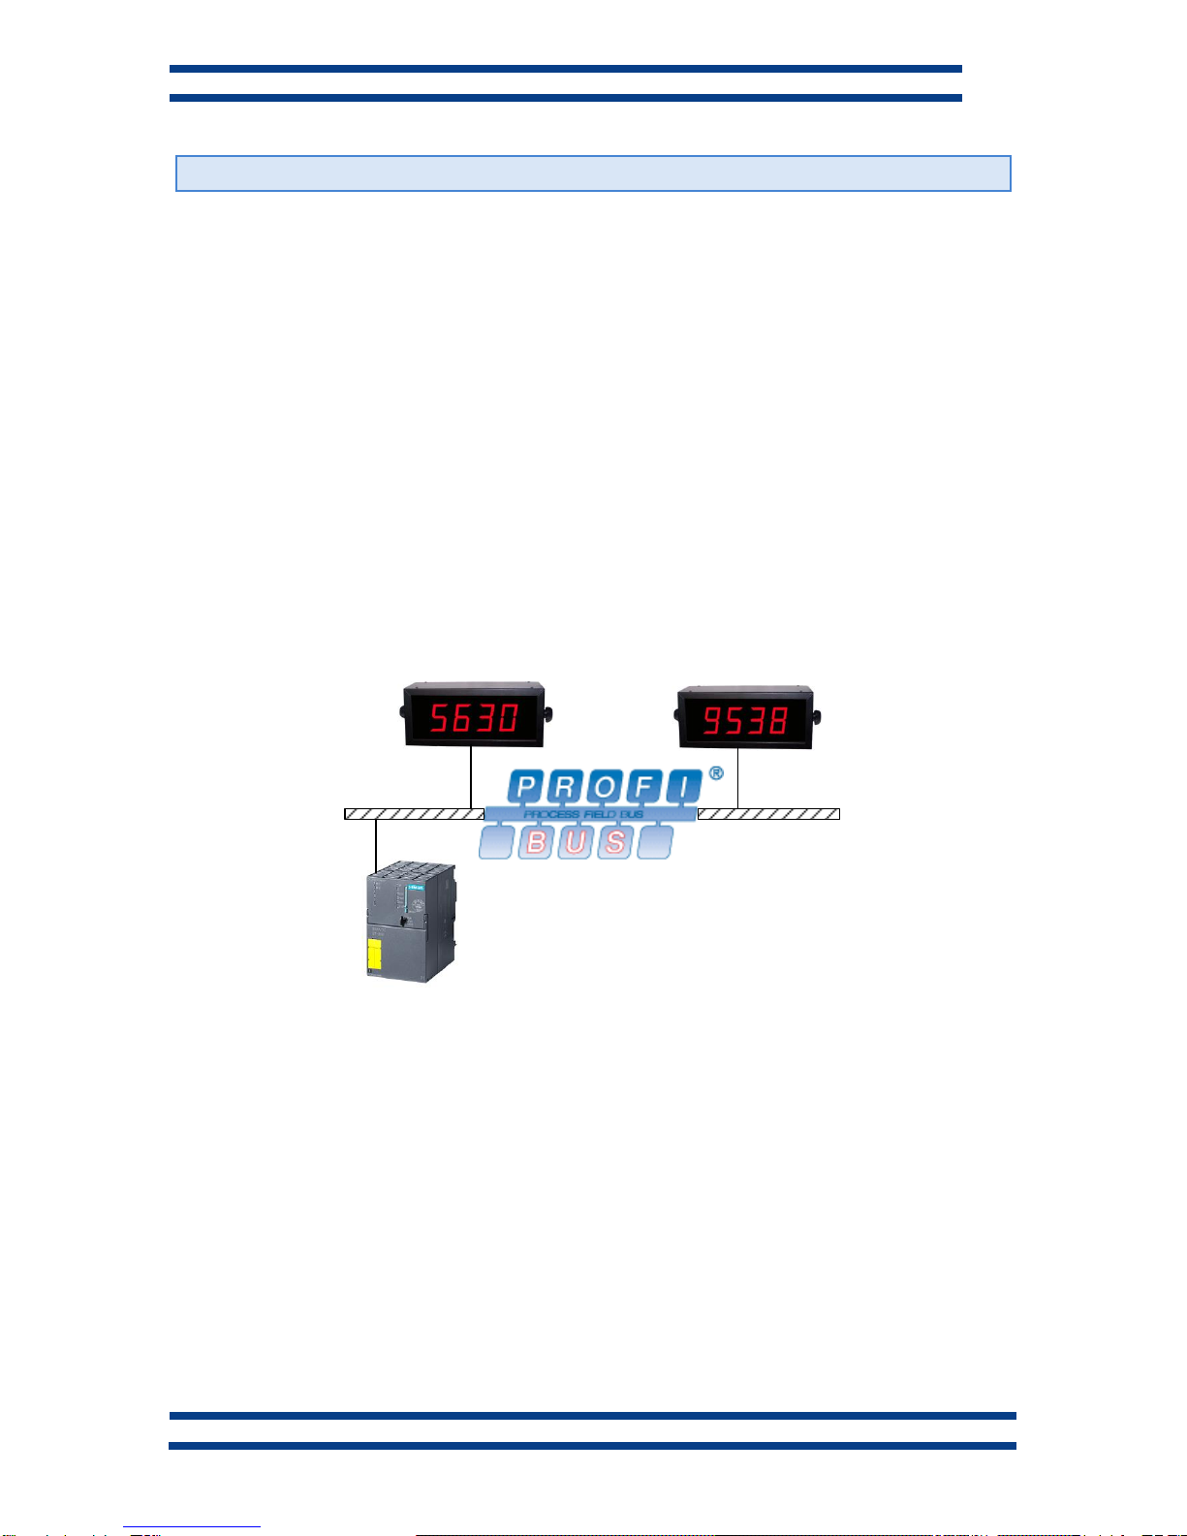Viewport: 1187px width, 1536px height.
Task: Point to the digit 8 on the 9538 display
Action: pyautogui.click(x=776, y=720)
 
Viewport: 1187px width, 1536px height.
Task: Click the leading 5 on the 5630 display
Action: pyautogui.click(x=441, y=718)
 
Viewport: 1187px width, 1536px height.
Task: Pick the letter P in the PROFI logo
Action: pyautogui.click(x=525, y=787)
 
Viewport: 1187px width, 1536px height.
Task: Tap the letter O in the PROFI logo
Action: pyautogui.click(x=605, y=787)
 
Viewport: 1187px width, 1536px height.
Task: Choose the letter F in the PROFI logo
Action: pyautogui.click(x=644, y=787)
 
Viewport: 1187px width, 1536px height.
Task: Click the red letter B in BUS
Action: pyautogui.click(x=536, y=842)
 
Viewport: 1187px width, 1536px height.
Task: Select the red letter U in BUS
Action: pyautogui.click(x=576, y=842)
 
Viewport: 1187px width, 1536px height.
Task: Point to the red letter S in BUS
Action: pyautogui.click(x=614, y=842)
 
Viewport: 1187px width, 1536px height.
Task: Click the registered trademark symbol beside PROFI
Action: pyautogui.click(x=715, y=773)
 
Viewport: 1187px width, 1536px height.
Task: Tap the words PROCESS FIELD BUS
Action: pyautogui.click(x=583, y=814)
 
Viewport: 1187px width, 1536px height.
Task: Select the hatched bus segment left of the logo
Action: pyautogui.click(x=414, y=814)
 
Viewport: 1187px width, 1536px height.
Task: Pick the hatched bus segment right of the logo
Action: pyautogui.click(x=768, y=814)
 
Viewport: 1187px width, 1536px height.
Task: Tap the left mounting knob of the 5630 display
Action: pyautogui.click(x=403, y=714)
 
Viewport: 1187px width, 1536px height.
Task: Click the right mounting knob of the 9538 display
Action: pyautogui.click(x=816, y=718)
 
